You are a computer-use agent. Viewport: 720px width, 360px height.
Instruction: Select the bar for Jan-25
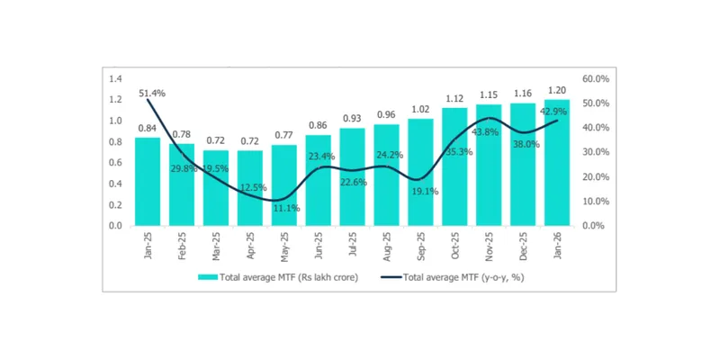point(148,181)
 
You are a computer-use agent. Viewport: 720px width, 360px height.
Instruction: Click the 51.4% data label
point(151,93)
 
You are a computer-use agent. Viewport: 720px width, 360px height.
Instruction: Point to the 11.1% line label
point(286,208)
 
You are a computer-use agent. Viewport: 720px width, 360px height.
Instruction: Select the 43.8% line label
point(490,131)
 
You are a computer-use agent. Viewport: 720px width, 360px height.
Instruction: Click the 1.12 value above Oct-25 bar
point(454,99)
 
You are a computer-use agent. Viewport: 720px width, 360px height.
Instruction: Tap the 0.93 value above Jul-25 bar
point(352,119)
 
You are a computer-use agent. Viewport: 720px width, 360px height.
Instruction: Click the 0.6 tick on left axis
point(115,163)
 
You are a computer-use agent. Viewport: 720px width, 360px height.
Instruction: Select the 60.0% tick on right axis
point(597,78)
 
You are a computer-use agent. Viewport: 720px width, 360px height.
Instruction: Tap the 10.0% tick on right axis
point(597,201)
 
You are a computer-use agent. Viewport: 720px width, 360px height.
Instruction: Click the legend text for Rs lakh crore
point(289,278)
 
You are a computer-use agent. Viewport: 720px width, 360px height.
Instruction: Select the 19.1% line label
point(423,191)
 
